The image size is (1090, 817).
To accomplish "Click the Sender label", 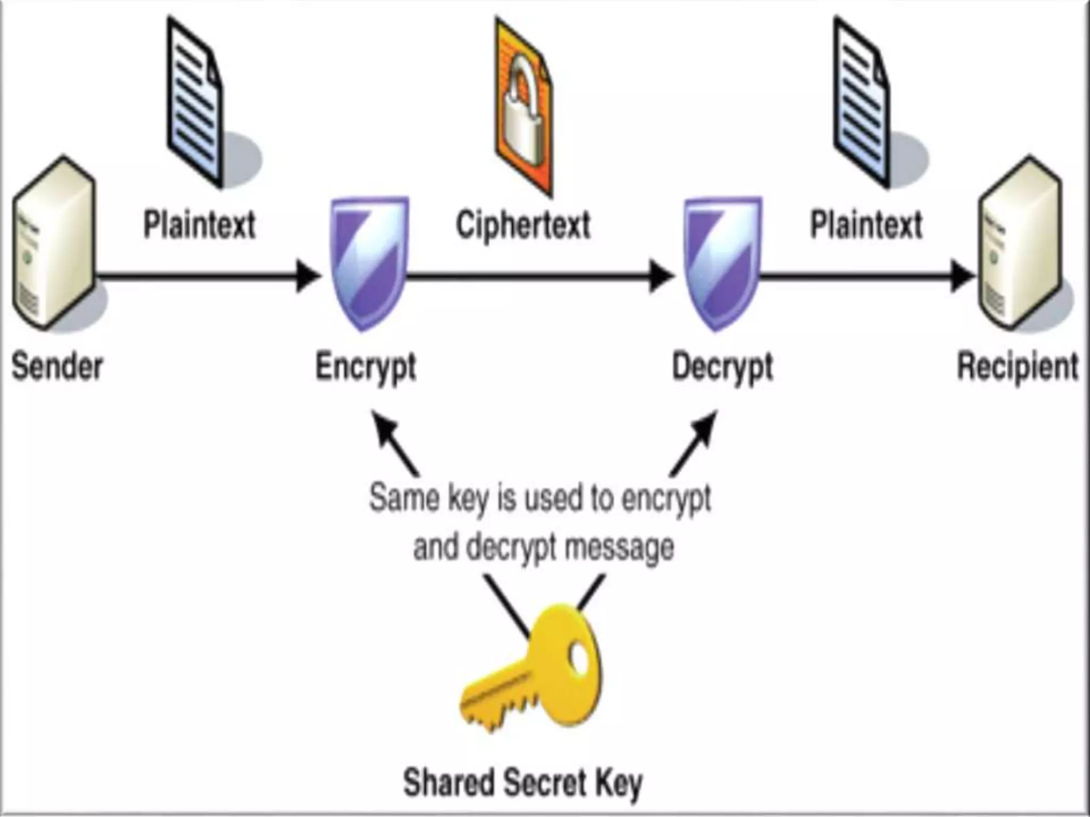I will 57,366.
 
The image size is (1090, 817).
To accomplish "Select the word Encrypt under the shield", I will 366,366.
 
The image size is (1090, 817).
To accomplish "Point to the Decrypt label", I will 722,366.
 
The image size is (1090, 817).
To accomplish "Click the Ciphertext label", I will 523,224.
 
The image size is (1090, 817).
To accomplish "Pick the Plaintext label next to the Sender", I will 200,224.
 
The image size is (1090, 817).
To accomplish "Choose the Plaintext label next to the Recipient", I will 866,224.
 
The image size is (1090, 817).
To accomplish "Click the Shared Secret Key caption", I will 523,782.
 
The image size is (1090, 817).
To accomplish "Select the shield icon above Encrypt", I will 369,261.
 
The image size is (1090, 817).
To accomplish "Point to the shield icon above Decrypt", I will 723,261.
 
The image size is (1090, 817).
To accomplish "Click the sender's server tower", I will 53,242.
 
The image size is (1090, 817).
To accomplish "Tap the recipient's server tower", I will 1019,242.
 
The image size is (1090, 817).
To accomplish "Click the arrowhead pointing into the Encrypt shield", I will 308,276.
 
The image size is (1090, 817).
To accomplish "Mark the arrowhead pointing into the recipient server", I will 962,276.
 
